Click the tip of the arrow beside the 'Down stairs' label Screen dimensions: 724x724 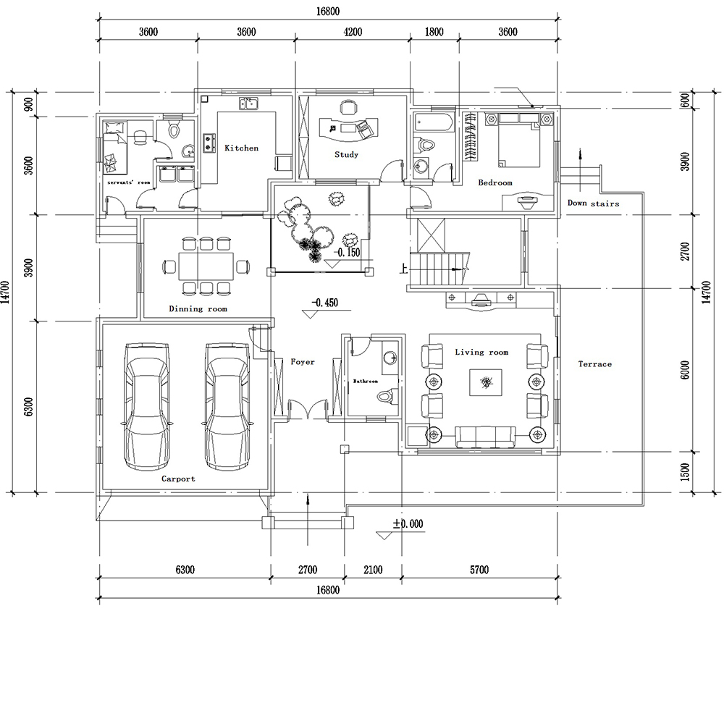click(581, 149)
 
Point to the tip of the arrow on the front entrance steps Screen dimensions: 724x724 click(308, 495)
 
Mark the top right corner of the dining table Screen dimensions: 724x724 click(233, 252)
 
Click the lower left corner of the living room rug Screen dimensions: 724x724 click(470, 395)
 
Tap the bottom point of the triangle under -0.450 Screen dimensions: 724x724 click(309, 318)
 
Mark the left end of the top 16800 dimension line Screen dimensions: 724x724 click(98, 19)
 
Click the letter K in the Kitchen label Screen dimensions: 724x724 click(227, 148)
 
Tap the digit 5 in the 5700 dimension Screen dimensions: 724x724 click(473, 570)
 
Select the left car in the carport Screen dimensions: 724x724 click(147, 406)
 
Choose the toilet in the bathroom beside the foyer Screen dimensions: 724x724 click(387, 396)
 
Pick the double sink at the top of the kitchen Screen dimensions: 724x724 click(248, 104)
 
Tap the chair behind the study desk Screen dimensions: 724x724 click(348, 107)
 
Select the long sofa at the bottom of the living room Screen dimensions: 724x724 click(485, 437)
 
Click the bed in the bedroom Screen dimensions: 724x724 click(518, 140)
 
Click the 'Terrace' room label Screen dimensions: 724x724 click(594, 364)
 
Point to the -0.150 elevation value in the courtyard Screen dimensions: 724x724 click(347, 253)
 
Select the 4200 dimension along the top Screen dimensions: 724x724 click(353, 32)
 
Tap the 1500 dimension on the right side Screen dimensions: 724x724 click(685, 472)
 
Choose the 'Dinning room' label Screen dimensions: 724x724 click(198, 309)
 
